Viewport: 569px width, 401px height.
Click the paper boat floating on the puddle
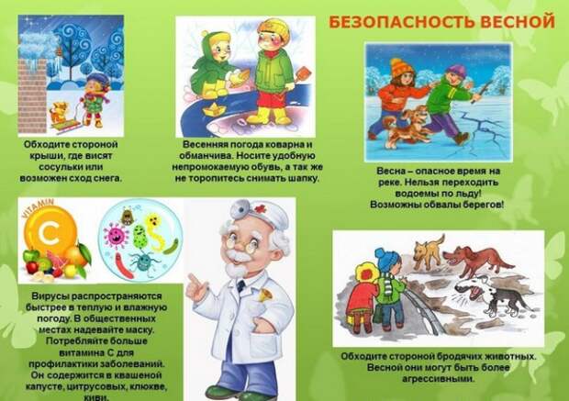pyautogui.click(x=214, y=107)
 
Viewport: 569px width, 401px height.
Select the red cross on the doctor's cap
pyautogui.click(x=260, y=208)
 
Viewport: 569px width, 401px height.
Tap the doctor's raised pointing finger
pyautogui.click(x=192, y=280)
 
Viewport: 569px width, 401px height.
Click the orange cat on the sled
pyautogui.click(x=59, y=112)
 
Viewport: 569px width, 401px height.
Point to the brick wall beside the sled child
pyautogui.click(x=32, y=96)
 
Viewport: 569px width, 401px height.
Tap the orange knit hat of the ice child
pyautogui.click(x=401, y=68)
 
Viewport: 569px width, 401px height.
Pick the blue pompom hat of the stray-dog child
pyautogui.click(x=387, y=259)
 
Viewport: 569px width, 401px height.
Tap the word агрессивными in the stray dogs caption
pyautogui.click(x=439, y=379)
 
